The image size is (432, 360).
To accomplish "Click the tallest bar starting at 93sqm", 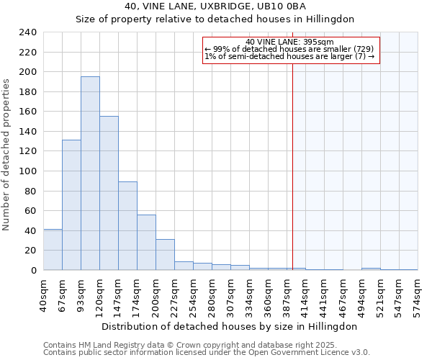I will [x=90, y=173].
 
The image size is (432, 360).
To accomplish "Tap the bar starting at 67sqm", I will [x=71, y=205].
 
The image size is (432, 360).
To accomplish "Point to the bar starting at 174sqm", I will [x=146, y=242].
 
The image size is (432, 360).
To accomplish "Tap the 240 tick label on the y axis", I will [x=29, y=32].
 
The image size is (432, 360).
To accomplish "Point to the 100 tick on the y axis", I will [x=29, y=171].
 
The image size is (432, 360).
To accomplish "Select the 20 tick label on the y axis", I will [x=32, y=251].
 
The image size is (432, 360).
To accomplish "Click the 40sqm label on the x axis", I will [x=43, y=294].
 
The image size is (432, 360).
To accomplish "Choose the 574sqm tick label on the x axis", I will [x=418, y=294].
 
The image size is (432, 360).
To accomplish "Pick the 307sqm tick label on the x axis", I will [x=230, y=294].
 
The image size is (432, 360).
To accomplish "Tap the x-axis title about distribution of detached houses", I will [x=229, y=326].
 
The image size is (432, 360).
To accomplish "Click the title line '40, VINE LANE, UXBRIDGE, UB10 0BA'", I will [x=215, y=6].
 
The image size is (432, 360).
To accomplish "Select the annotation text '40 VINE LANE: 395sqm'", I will [x=289, y=42].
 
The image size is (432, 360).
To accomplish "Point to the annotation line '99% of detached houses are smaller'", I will [x=289, y=49].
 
